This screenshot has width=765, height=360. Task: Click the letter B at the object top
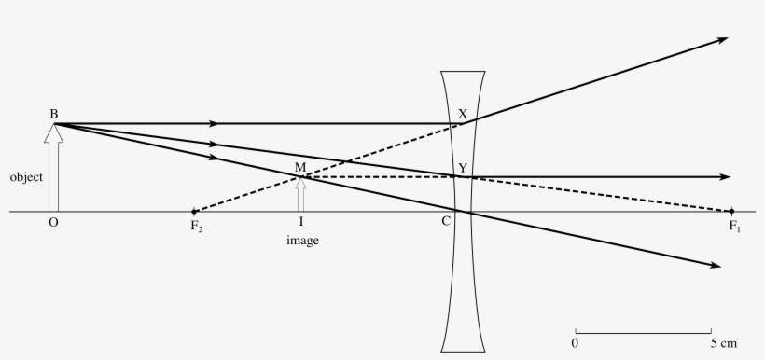[x=54, y=114]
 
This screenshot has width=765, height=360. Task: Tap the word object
[x=26, y=176]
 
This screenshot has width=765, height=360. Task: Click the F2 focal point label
[x=197, y=226]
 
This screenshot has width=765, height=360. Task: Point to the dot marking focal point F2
[x=194, y=212]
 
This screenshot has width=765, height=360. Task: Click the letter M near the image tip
[x=299, y=167]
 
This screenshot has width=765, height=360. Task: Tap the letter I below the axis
[x=300, y=222]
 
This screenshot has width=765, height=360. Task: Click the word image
[x=301, y=241]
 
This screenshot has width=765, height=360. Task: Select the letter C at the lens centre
[x=447, y=222]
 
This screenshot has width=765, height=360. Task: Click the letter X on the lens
[x=463, y=114]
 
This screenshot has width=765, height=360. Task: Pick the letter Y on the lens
[x=462, y=168]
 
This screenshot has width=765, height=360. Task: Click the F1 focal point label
[x=735, y=226]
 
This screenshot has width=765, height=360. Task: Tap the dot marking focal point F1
[x=731, y=212]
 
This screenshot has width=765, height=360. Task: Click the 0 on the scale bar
[x=576, y=343]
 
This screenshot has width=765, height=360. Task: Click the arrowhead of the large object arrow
[x=54, y=132]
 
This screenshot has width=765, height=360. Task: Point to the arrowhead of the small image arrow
[x=300, y=182]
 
